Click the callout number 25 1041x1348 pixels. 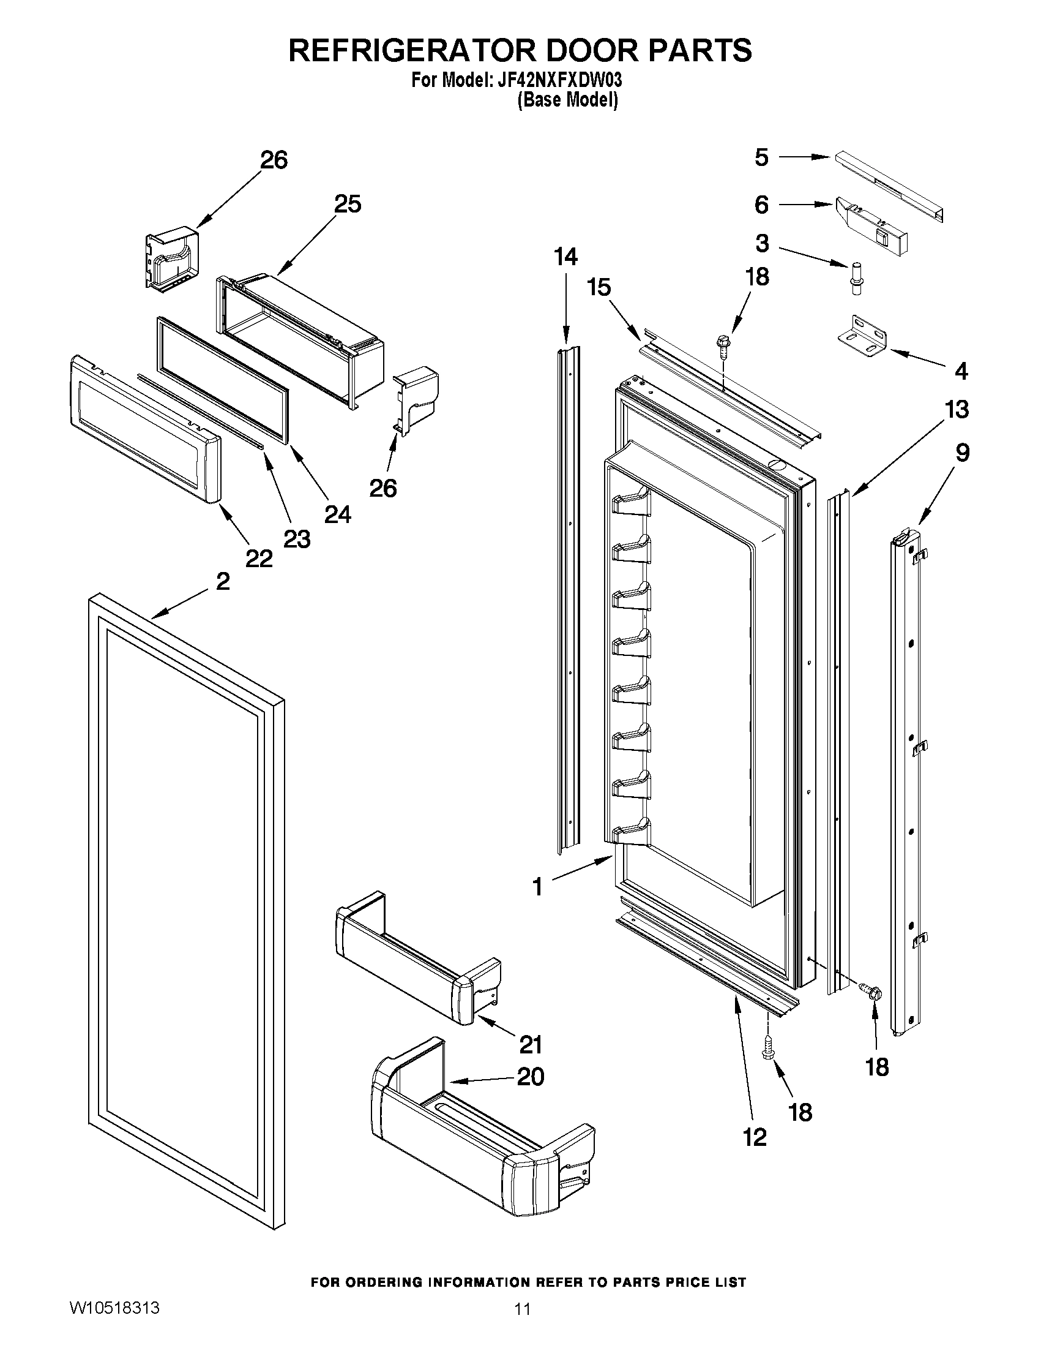(347, 205)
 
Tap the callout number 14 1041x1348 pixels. (565, 257)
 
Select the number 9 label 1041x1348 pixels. (962, 453)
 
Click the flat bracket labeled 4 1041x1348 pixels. (864, 341)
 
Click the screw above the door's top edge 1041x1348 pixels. (721, 344)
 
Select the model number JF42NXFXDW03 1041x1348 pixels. (559, 81)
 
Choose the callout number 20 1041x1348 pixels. (531, 1077)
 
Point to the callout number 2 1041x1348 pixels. (223, 581)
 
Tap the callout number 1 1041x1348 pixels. (538, 887)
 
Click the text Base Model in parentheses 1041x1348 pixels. (567, 100)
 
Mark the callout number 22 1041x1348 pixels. (258, 559)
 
